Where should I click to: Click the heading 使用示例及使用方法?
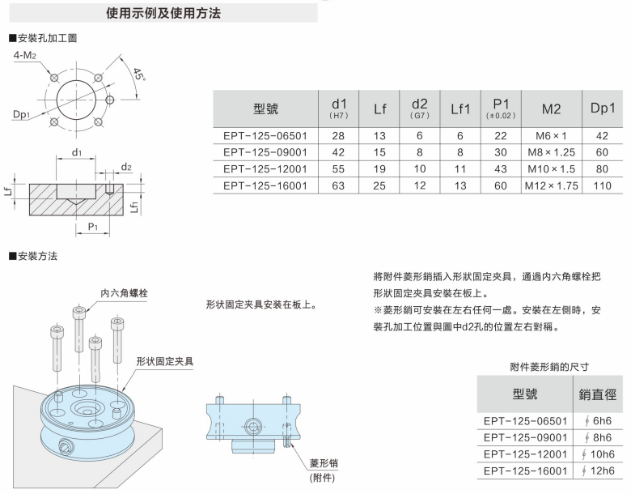click(x=163, y=14)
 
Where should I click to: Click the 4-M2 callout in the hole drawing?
click(x=25, y=55)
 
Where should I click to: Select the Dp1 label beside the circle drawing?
click(x=21, y=113)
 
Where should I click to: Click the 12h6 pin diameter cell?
click(x=599, y=471)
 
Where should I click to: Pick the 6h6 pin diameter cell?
click(x=599, y=420)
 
